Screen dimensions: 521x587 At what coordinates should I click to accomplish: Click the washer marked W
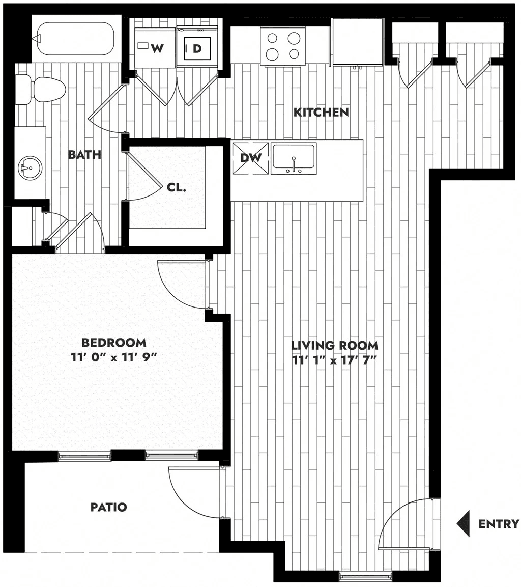[155, 47]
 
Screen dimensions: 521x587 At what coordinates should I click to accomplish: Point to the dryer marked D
[197, 47]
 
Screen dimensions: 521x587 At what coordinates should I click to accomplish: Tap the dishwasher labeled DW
[251, 158]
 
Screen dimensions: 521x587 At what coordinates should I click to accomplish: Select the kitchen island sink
[294, 158]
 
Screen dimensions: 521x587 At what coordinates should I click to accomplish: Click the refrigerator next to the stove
[358, 42]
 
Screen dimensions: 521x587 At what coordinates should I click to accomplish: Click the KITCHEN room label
[321, 112]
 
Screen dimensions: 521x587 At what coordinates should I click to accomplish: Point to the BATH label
[84, 154]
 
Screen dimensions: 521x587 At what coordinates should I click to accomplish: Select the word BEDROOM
[113, 342]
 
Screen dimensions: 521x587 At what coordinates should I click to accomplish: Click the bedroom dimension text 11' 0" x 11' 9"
[113, 357]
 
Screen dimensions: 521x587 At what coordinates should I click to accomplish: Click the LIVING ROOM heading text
[335, 345]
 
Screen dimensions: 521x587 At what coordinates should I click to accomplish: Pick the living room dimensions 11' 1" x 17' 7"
[335, 360]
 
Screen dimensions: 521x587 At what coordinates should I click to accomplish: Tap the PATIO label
[109, 507]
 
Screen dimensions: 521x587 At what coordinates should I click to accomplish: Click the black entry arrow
[462, 523]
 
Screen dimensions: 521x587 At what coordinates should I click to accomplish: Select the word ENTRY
[499, 523]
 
